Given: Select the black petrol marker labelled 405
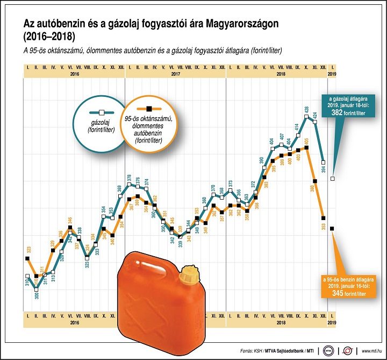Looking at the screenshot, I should (306, 146).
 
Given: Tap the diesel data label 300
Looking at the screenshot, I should (37, 295).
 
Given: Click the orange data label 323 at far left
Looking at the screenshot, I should (28, 250).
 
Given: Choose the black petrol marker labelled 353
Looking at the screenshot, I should (324, 218).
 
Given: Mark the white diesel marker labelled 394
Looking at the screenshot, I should (324, 161).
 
